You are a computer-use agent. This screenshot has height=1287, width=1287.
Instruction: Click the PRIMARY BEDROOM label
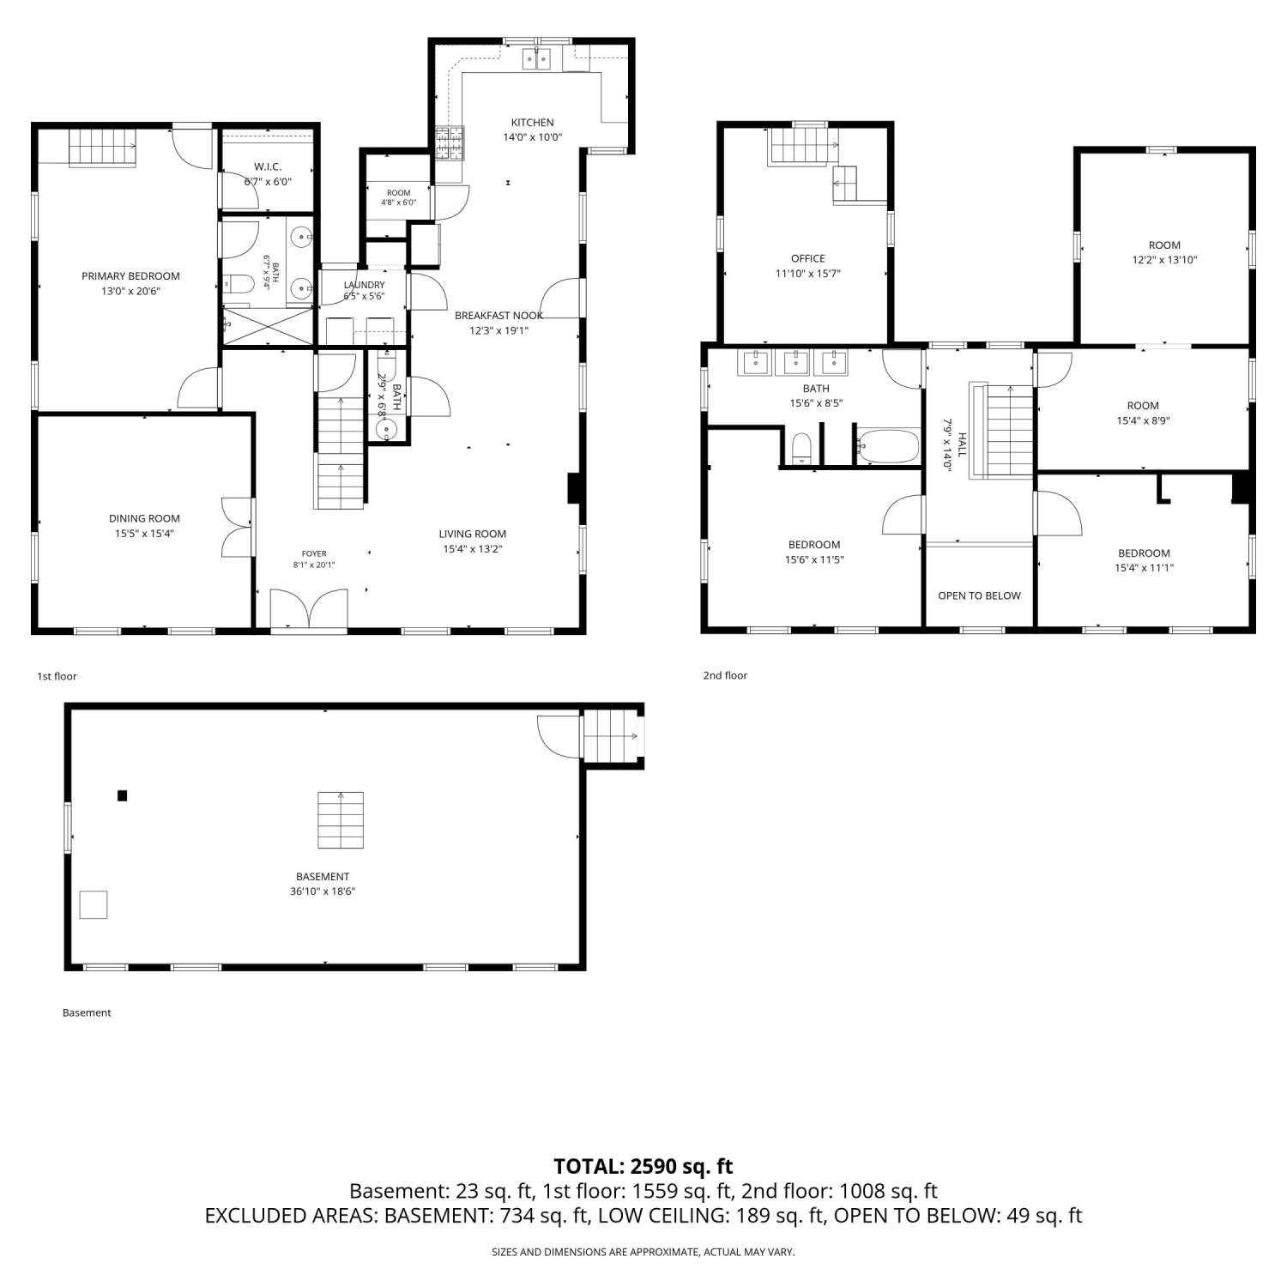pyautogui.click(x=130, y=276)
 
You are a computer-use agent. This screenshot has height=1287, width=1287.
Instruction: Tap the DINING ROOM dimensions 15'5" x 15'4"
pyautogui.click(x=144, y=534)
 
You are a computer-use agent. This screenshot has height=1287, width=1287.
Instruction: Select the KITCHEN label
pyautogui.click(x=533, y=123)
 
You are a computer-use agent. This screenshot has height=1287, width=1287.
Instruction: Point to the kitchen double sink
pyautogui.click(x=537, y=58)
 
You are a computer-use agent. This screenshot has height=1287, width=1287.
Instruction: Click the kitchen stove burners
pyautogui.click(x=450, y=143)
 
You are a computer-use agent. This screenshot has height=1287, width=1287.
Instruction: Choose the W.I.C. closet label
pyautogui.click(x=268, y=166)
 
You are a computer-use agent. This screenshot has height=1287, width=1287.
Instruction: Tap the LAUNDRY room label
pyautogui.click(x=364, y=285)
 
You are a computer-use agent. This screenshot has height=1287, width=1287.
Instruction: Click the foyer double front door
pyautogui.click(x=309, y=611)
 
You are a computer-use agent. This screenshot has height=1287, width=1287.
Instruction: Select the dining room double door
pyautogui.click(x=238, y=527)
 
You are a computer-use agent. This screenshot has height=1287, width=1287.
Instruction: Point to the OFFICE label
pyautogui.click(x=808, y=258)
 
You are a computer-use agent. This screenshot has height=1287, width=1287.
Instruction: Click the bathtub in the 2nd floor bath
pyautogui.click(x=889, y=446)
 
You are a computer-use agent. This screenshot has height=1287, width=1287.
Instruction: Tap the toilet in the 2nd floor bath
pyautogui.click(x=801, y=449)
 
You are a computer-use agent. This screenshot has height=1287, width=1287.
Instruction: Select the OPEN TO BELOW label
pyautogui.click(x=979, y=595)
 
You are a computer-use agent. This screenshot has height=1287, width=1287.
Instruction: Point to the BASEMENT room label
pyautogui.click(x=323, y=877)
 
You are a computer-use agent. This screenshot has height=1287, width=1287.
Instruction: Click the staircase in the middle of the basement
pyautogui.click(x=341, y=820)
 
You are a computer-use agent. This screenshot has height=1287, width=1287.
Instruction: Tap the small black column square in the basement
pyautogui.click(x=123, y=795)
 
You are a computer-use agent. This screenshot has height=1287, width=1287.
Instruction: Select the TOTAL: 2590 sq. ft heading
pyautogui.click(x=643, y=1166)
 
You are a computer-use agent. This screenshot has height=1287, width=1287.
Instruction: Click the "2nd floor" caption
pyautogui.click(x=725, y=675)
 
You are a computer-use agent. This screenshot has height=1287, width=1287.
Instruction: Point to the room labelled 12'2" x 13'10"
pyautogui.click(x=1164, y=249)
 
